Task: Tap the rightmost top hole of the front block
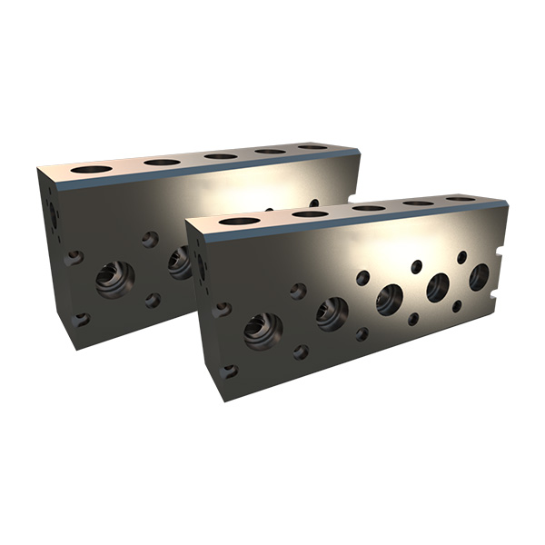pos(461,198)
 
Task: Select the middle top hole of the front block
pos(369,207)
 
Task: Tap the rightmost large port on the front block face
pos(479,278)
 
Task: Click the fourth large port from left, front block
pos(439,287)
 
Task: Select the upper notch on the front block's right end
pos(497,247)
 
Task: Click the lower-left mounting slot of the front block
pos(229,371)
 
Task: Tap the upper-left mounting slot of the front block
pos(222,310)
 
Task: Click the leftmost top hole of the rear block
pos(90,169)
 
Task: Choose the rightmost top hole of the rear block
pos(312,146)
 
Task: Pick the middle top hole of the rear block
pos(220,155)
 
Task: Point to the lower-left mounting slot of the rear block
pos(82,319)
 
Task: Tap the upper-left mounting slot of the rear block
pos(74,258)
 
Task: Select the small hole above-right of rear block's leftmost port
pos(150,239)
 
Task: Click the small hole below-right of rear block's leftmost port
pos(153,300)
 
